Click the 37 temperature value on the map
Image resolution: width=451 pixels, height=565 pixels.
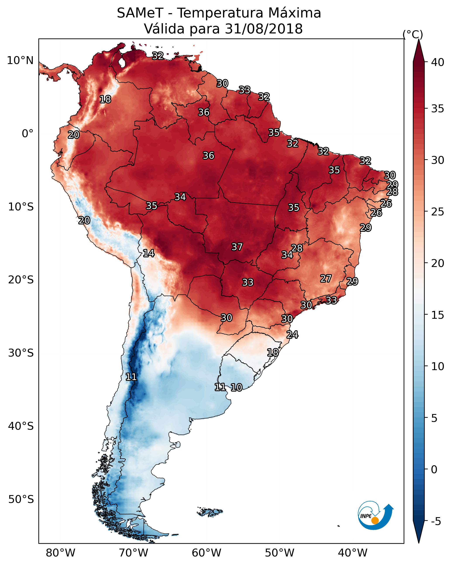[x=237, y=247]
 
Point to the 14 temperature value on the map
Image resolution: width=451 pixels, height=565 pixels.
[x=148, y=253]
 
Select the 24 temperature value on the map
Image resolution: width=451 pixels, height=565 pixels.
[x=292, y=335]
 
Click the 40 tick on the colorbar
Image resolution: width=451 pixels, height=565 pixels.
[x=438, y=62]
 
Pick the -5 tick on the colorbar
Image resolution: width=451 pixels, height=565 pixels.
[x=436, y=522]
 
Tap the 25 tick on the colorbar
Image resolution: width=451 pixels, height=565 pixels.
[x=438, y=211]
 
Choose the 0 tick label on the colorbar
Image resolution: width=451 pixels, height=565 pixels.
[x=434, y=470]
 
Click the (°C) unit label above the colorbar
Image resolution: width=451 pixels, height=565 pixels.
[x=413, y=34]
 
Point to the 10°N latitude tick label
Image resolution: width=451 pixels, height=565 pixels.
[x=20, y=61]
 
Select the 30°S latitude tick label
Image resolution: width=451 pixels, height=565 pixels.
[x=21, y=353]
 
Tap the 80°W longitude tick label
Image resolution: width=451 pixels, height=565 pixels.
[x=60, y=553]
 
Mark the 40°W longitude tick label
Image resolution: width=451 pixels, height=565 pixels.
[x=353, y=553]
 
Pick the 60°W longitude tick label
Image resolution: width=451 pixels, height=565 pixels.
[x=207, y=553]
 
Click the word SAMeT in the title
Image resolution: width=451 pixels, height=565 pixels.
[x=140, y=13]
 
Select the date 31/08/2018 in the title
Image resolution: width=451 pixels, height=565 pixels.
[x=264, y=29]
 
